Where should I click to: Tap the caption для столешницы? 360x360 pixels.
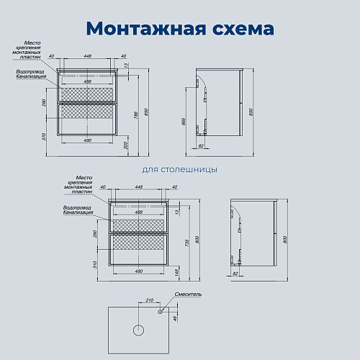click(x=180, y=170)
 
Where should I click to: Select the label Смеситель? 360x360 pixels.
click(x=189, y=294)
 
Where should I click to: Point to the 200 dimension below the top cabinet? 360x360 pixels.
click(x=126, y=145)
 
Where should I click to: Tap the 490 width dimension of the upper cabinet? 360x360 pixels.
click(x=86, y=141)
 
